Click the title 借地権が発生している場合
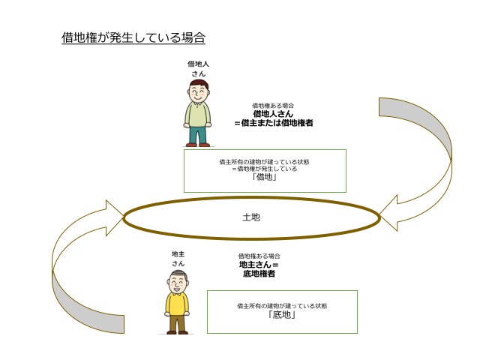[x=133, y=37]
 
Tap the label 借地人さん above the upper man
[x=198, y=69]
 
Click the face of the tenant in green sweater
[x=198, y=93]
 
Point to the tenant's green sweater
[x=198, y=114]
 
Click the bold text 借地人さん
[x=273, y=114]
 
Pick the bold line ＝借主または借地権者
[x=273, y=122]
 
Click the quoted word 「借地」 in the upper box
[x=265, y=178]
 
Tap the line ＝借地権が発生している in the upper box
[x=265, y=169]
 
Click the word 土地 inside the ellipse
[x=251, y=217]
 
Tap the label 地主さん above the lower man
[x=178, y=259]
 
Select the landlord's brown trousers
[x=178, y=322]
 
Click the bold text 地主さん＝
[x=259, y=265]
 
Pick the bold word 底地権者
[x=259, y=274]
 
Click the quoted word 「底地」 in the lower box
[x=281, y=315]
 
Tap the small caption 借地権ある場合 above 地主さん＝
[x=259, y=256]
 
